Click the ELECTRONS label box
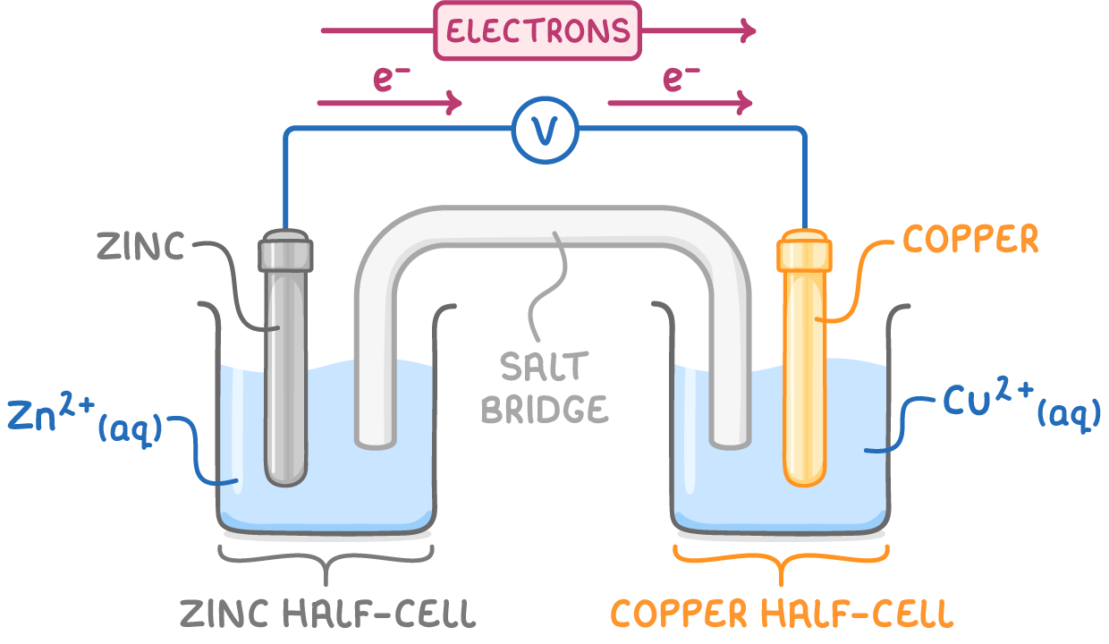pyautogui.click(x=538, y=31)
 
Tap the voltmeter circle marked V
pyautogui.click(x=545, y=131)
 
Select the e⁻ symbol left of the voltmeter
pyautogui.click(x=392, y=79)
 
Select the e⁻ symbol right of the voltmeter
pyautogui.click(x=681, y=79)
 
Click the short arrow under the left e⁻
pyautogui.click(x=389, y=104)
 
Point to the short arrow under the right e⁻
pyautogui.click(x=680, y=104)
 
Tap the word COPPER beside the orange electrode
pyautogui.click(x=970, y=240)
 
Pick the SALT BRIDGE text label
pyautogui.click(x=545, y=387)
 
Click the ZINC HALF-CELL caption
pyautogui.click(x=327, y=614)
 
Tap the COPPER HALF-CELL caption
pyautogui.click(x=782, y=614)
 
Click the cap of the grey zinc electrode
pyautogui.click(x=286, y=252)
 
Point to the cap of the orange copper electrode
pyautogui.click(x=804, y=252)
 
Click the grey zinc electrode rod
pyautogui.click(x=286, y=376)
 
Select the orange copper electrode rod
pyautogui.click(x=804, y=376)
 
